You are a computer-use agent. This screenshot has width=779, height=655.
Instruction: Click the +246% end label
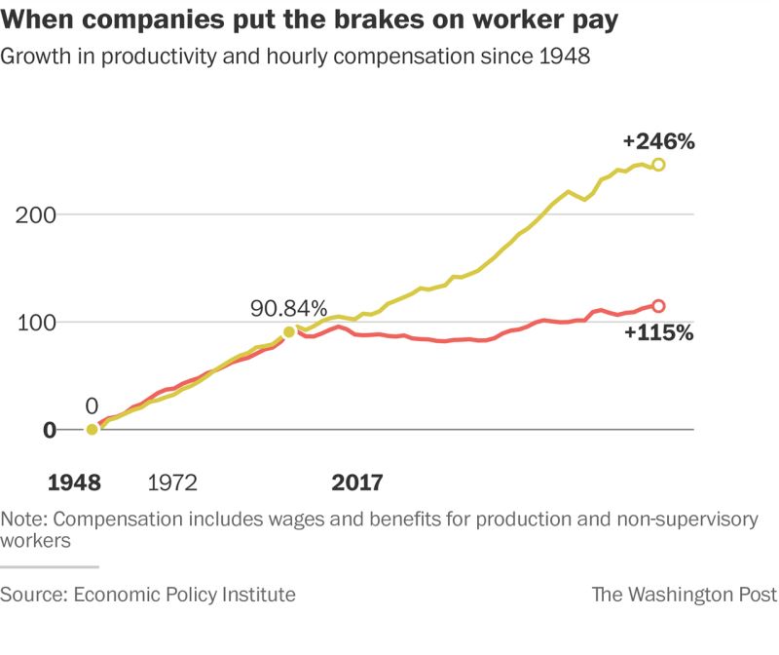click(659, 142)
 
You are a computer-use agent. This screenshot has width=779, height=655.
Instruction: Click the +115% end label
click(659, 332)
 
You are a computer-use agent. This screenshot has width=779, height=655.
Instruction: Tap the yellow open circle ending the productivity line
click(659, 165)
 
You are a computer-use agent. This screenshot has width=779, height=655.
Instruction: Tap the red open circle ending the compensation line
click(658, 306)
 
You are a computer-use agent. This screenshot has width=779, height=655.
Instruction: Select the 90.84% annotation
click(289, 309)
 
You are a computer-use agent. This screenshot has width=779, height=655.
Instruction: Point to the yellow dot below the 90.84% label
click(289, 332)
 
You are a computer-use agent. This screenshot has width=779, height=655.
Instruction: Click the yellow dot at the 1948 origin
click(92, 429)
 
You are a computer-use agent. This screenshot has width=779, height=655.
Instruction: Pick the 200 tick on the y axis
click(36, 214)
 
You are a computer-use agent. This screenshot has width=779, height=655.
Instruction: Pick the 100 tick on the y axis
click(36, 323)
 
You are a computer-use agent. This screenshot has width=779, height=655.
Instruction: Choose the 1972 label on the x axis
click(172, 482)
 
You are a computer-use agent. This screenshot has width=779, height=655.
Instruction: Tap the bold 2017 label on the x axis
click(357, 482)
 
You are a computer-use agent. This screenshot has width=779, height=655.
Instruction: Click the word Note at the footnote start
click(24, 520)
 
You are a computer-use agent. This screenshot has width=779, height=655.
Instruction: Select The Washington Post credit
click(685, 595)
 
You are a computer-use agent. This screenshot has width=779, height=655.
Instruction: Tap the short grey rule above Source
click(50, 566)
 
